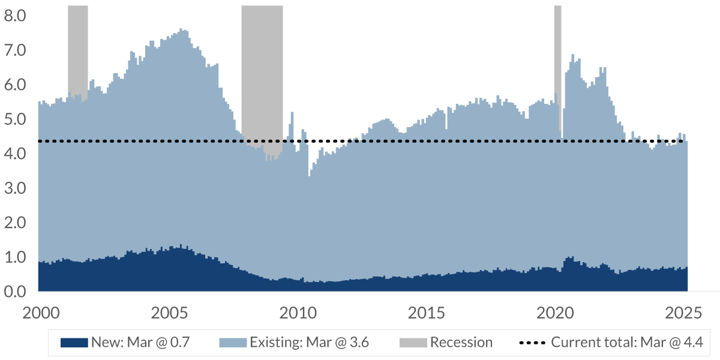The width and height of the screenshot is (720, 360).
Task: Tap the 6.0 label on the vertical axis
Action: pyautogui.click(x=16, y=85)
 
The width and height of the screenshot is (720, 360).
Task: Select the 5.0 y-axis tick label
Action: pyautogui.click(x=16, y=119)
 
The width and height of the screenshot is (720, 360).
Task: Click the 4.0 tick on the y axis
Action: pyautogui.click(x=16, y=154)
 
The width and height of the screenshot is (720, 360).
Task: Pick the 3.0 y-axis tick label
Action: pyautogui.click(x=16, y=188)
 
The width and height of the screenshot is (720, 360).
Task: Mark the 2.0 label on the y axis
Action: pyautogui.click(x=16, y=223)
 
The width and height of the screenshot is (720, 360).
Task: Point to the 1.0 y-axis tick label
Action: pyautogui.click(x=16, y=257)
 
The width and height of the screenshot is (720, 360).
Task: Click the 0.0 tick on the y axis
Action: pyautogui.click(x=16, y=292)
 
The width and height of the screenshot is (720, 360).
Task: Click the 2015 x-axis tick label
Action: pyautogui.click(x=426, y=313)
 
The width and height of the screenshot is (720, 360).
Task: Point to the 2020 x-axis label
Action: pyautogui.click(x=555, y=313)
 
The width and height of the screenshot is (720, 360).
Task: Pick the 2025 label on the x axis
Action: pyautogui.click(x=684, y=313)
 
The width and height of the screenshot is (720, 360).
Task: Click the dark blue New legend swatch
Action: pyautogui.click(x=74, y=343)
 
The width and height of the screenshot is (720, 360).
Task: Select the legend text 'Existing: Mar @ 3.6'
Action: pyautogui.click(x=309, y=343)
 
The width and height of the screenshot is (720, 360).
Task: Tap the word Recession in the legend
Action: pyautogui.click(x=461, y=343)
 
